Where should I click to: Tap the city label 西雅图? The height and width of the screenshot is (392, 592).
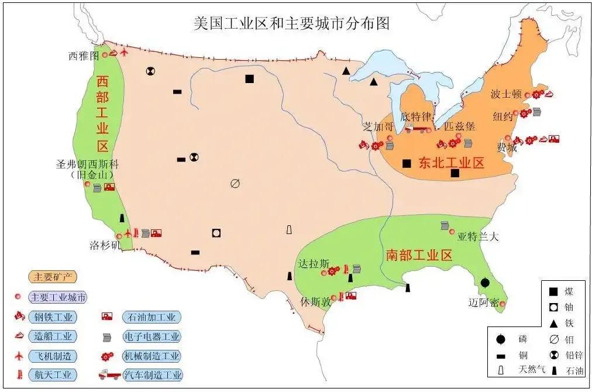click(82, 56)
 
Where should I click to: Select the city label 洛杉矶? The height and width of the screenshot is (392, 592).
click(104, 244)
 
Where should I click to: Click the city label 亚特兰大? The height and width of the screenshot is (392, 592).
click(478, 236)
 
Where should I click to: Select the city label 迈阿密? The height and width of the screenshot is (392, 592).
click(484, 302)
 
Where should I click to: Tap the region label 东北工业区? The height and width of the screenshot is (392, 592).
click(452, 163)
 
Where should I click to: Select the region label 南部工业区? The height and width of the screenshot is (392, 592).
click(419, 255)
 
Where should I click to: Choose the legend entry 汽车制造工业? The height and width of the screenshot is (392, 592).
click(152, 375)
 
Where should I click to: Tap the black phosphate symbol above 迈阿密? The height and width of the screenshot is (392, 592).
click(485, 283)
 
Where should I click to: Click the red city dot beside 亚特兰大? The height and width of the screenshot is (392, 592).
click(452, 232)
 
